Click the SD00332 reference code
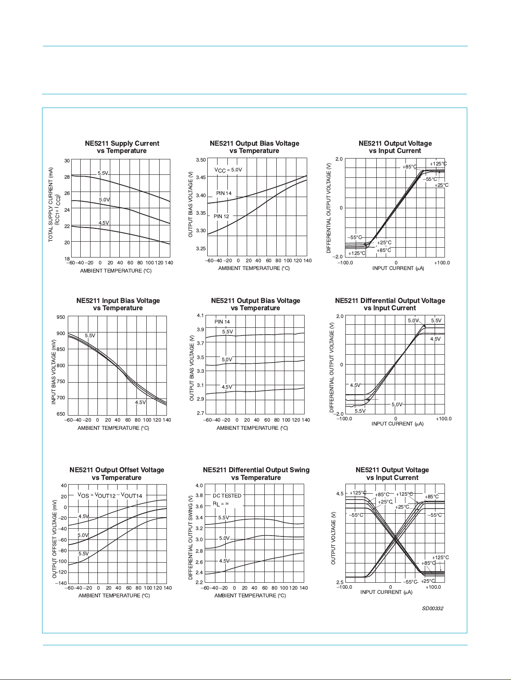432,608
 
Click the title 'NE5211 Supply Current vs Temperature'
122,147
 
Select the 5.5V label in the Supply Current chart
103,173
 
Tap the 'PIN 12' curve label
221,216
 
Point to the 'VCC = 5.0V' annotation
228,170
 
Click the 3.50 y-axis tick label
201,160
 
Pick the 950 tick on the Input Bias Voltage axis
61,318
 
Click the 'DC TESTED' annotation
227,496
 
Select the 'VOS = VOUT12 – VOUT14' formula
110,496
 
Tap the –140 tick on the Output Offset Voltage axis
61,583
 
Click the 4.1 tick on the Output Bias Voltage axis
200,315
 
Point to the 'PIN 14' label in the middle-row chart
222,322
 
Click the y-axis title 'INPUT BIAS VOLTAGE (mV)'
54,371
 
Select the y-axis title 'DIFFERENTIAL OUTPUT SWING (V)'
191,537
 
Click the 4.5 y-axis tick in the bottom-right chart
340,494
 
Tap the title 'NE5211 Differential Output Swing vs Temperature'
256,474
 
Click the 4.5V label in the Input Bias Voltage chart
140,402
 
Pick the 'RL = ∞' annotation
221,504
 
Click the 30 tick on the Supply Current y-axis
67,161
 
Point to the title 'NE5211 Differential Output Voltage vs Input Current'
390,304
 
